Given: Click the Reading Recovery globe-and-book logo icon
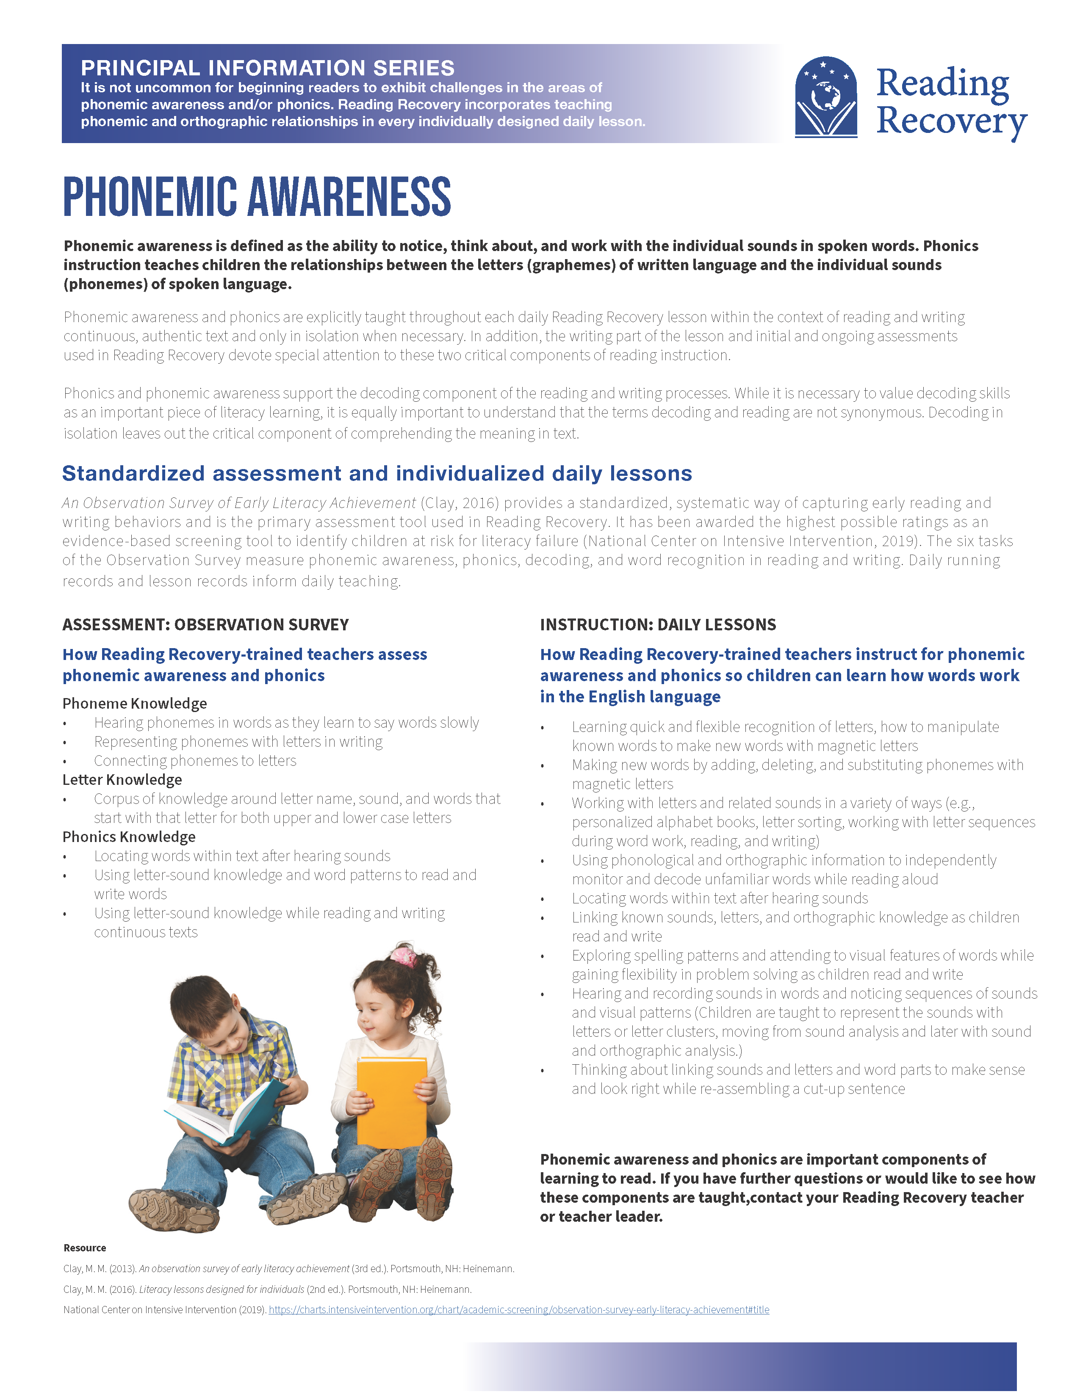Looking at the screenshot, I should [x=825, y=97].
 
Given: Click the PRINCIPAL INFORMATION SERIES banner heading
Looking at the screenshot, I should [x=267, y=68].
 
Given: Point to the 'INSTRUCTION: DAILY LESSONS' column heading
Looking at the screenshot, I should [x=658, y=624].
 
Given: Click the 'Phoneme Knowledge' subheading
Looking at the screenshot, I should [x=134, y=703].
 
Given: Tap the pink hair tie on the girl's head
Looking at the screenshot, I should [x=404, y=955].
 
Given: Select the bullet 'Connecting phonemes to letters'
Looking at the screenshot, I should [x=195, y=761].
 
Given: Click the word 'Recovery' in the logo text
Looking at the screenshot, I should [x=951, y=120].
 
